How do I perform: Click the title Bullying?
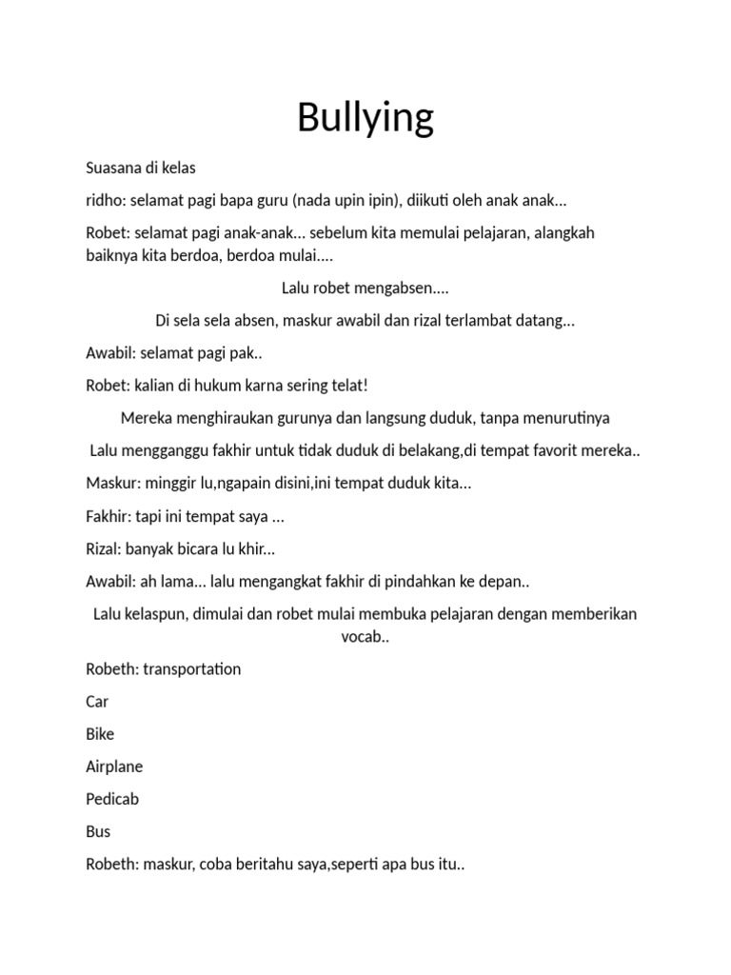click(365, 118)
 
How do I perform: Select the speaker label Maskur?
click(111, 483)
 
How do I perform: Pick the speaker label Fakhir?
click(109, 516)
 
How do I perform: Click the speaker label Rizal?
click(105, 548)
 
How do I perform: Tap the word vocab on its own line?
click(363, 636)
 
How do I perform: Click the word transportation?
click(192, 668)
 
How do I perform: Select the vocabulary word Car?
click(97, 702)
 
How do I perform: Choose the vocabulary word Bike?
click(100, 734)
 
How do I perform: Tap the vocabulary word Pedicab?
click(112, 799)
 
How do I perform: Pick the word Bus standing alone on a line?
click(98, 831)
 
